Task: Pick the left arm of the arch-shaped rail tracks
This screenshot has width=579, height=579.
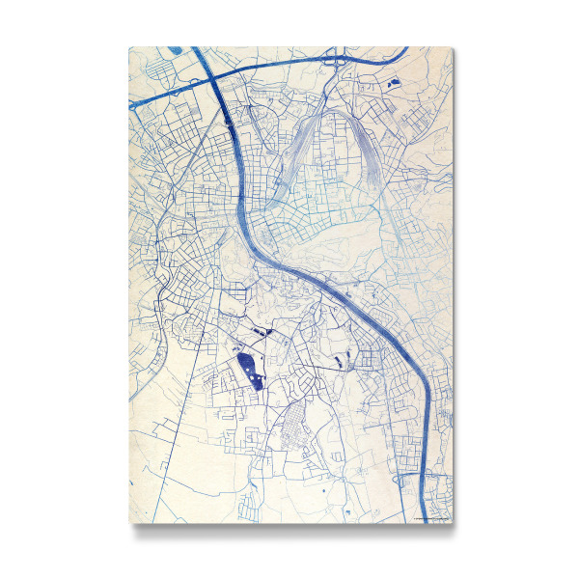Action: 294,159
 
